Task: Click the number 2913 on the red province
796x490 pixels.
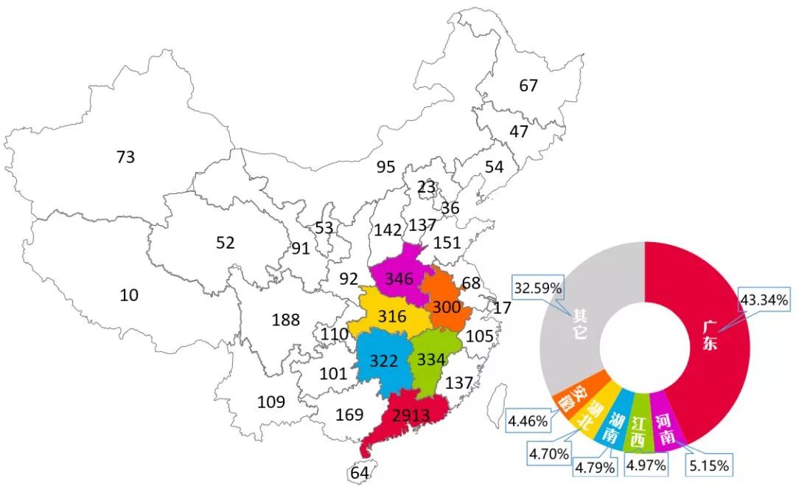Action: coord(410,415)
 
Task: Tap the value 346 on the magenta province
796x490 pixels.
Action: coord(399,280)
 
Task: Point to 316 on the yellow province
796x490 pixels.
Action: coord(392,317)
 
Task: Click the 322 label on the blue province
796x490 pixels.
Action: coord(384,362)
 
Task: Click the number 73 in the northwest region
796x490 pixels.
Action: coord(126,156)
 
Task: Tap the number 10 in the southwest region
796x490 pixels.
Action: coord(129,295)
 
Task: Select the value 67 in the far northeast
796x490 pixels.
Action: coord(528,86)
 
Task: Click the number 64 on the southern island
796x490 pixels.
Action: coord(360,473)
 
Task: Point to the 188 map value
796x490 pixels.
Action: coord(286,320)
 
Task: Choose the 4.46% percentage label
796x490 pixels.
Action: coord(528,421)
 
